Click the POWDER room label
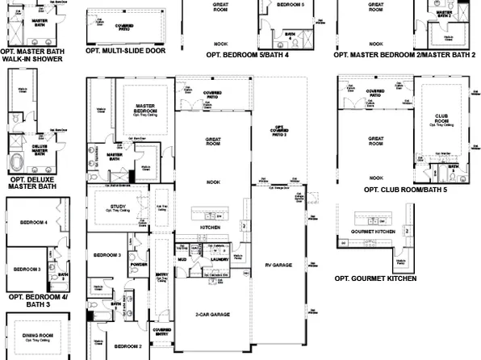pos(137,265)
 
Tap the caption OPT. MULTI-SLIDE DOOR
pos(126,50)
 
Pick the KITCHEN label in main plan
pos(211,228)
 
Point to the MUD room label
pos(182,260)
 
